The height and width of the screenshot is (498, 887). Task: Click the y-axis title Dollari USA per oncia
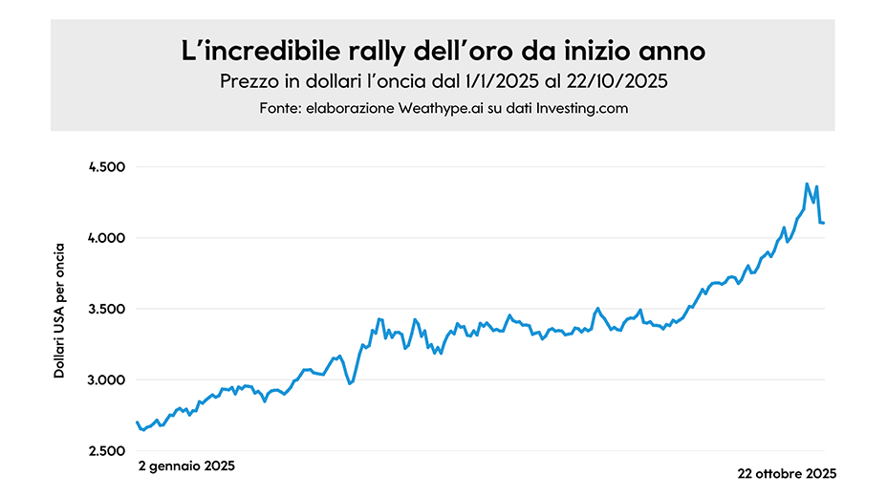59,310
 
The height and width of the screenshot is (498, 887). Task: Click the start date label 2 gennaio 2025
185,466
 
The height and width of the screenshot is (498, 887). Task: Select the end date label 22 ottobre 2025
787,473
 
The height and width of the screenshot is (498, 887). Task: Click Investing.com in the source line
582,109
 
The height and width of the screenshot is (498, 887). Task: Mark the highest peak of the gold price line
807,184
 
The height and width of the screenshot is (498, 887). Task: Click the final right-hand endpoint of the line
823,223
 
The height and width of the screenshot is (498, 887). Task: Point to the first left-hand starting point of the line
138,422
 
